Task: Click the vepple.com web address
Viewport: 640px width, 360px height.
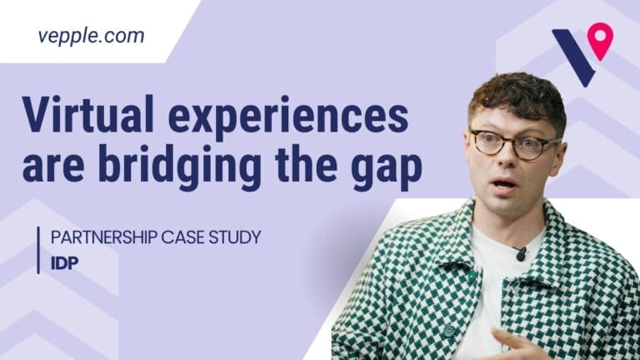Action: [91, 36]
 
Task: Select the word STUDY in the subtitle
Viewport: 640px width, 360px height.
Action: [235, 237]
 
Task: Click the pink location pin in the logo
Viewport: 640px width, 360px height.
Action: [599, 40]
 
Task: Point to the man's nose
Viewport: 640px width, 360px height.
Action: [502, 158]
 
